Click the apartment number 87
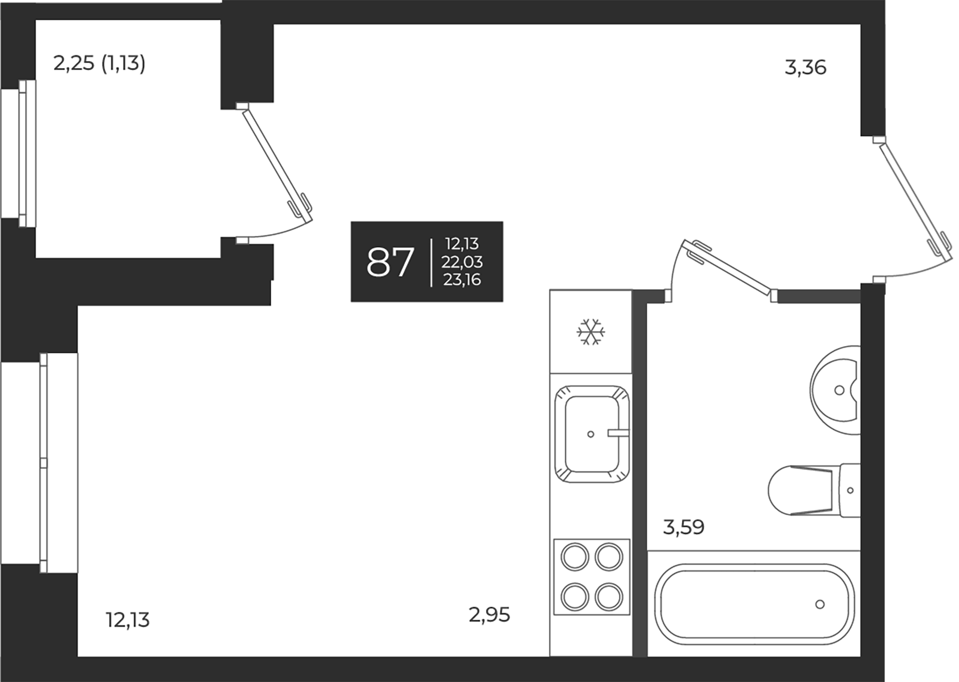pyautogui.click(x=390, y=262)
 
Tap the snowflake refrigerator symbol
pyautogui.click(x=591, y=332)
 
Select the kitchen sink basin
pyautogui.click(x=591, y=434)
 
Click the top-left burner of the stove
pyautogui.click(x=575, y=558)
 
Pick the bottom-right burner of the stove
pyautogui.click(x=608, y=596)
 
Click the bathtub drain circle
pyautogui.click(x=820, y=604)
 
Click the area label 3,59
pyautogui.click(x=684, y=527)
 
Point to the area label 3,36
pyautogui.click(x=805, y=68)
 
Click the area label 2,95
pyautogui.click(x=489, y=615)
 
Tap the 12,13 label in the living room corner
pyautogui.click(x=128, y=620)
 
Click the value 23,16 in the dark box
pyautogui.click(x=462, y=280)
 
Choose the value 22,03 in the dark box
pyautogui.click(x=462, y=262)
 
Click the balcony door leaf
pyautogui.click(x=277, y=163)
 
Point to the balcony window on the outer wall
pyautogui.click(x=23, y=153)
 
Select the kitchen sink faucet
pyautogui.click(x=618, y=433)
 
